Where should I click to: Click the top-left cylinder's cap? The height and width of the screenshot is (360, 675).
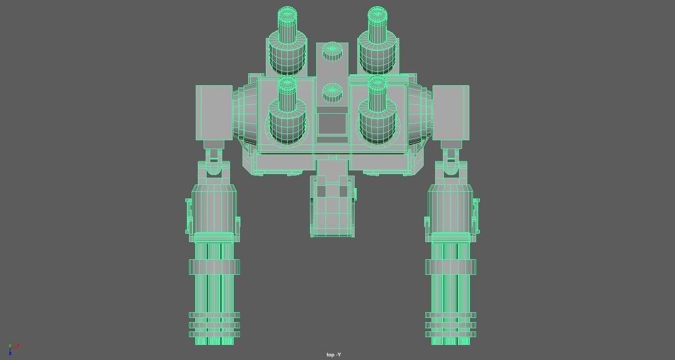point(287,14)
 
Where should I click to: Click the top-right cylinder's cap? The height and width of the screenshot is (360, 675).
point(377,14)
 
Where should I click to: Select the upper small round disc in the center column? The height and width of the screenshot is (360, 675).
point(332,51)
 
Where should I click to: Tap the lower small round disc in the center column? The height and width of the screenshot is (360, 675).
point(332,92)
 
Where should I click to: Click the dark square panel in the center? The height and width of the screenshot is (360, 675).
point(332,125)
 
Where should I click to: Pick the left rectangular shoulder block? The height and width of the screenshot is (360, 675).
point(214,113)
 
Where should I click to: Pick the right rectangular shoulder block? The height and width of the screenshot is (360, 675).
point(451,113)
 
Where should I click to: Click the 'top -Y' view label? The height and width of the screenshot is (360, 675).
point(334,355)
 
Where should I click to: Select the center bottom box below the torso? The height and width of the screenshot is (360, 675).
point(332,208)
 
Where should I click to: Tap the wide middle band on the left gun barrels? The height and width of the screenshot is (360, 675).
point(214,267)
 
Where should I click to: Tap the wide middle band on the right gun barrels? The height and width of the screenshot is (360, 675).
point(451,267)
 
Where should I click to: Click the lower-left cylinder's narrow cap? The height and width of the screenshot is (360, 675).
point(287,84)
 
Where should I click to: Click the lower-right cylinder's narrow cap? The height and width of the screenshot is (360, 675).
point(377,84)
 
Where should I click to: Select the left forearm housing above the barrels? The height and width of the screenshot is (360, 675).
point(214,210)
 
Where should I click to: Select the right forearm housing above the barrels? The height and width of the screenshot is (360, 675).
point(451,210)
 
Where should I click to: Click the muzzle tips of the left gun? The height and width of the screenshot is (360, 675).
point(214,341)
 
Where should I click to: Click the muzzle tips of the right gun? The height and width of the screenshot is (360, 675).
point(451,341)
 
